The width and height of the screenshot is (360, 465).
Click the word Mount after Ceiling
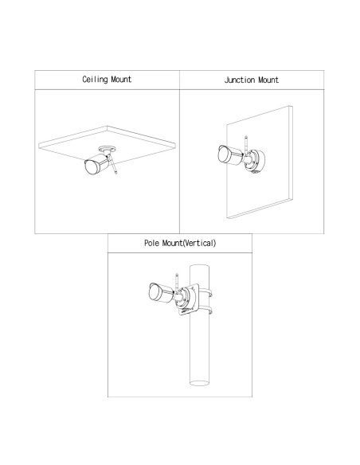tap(121, 80)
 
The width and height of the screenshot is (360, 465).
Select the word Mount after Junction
tap(268, 80)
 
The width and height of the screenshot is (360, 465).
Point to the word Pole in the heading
tap(151, 243)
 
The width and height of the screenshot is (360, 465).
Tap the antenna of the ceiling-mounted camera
tap(113, 164)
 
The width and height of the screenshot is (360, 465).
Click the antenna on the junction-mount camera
tap(246, 146)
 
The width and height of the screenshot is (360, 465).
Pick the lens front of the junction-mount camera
tap(223, 154)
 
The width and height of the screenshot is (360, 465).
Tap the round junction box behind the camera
tap(256, 161)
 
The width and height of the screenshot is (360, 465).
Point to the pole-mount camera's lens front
tap(154, 291)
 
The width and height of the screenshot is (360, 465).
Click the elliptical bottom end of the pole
tap(199, 383)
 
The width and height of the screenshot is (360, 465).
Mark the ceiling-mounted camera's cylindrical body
tap(100, 162)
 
